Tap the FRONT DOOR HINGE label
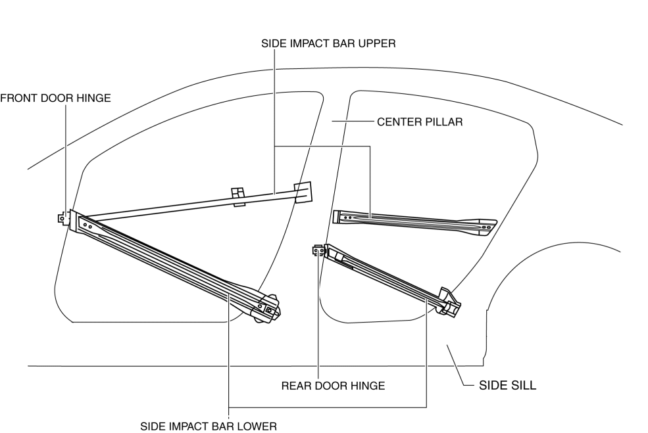[x=55, y=98]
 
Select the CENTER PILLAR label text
[x=420, y=122]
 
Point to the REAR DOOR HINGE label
[x=333, y=386]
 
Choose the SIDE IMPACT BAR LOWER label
[x=209, y=425]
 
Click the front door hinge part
[x=62, y=218]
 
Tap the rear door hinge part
[x=318, y=250]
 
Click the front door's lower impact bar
[x=171, y=266]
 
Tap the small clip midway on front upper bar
[x=238, y=196]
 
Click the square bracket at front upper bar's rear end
[x=303, y=191]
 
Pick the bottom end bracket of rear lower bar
[x=450, y=302]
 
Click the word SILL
[x=523, y=386]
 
